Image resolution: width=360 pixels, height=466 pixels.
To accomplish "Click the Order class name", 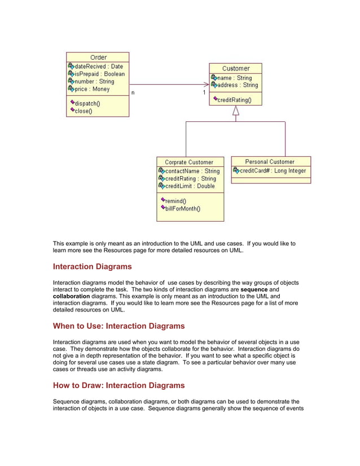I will coord(98,57).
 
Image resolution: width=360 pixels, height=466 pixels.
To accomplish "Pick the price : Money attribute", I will coord(92,89).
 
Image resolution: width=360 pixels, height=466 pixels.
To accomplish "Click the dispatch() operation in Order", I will coord(87,103).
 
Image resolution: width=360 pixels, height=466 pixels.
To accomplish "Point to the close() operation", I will coord(83,111).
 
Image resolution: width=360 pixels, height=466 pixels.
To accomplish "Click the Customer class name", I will coord(236,68).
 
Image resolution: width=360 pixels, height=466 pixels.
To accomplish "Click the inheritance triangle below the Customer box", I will coord(236,111).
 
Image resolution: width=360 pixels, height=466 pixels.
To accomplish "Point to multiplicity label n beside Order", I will coord(133,93).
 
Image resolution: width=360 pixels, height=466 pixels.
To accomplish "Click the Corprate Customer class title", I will coord(189,162).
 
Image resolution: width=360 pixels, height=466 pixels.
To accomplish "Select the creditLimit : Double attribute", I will coord(190,186).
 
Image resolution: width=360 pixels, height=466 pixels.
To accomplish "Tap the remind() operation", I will coord(175,200).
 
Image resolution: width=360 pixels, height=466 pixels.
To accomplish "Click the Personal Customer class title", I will coord(270,161).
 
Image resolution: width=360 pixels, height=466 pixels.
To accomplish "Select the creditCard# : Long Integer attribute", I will coord(273,170).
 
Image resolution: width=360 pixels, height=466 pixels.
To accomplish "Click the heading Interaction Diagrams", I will coord(92,266).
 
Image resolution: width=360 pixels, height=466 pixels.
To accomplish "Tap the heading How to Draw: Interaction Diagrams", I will coord(118,385).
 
